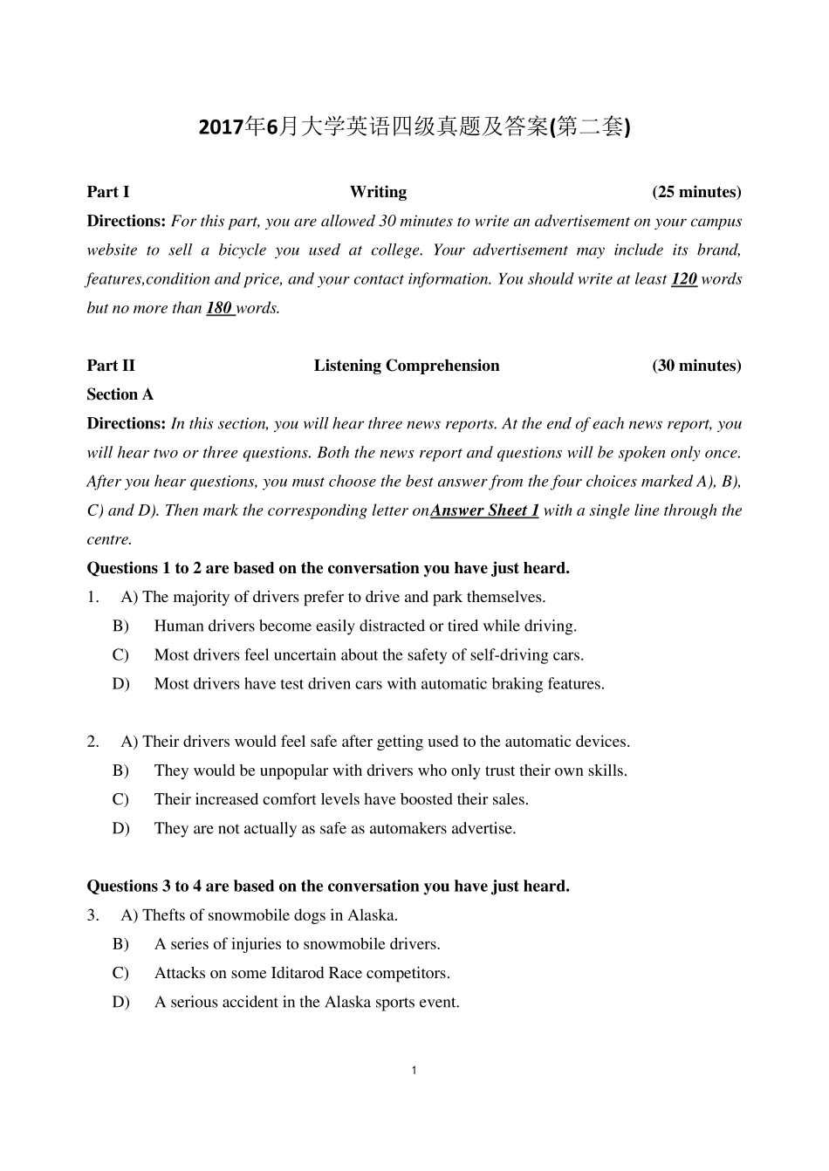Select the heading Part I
click(x=108, y=192)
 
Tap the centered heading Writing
click(x=378, y=192)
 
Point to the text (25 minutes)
click(x=696, y=192)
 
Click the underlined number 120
click(x=683, y=279)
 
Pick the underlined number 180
click(x=219, y=308)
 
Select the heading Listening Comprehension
click(x=407, y=366)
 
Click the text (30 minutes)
click(x=696, y=366)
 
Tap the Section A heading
click(x=120, y=394)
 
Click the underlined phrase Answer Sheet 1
click(x=484, y=510)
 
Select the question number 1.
click(x=92, y=598)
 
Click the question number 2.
click(x=92, y=742)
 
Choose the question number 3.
click(x=92, y=915)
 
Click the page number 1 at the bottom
click(x=414, y=1071)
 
